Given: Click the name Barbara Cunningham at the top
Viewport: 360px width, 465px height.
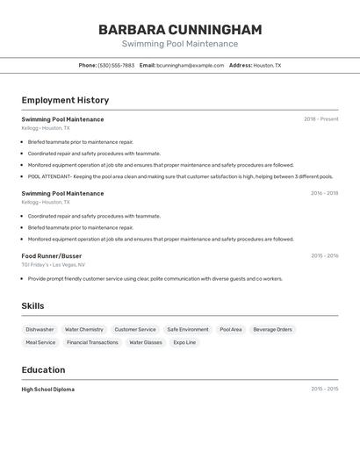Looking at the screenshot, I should click(180, 30).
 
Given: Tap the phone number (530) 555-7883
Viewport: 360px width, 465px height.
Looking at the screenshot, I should click(116, 65).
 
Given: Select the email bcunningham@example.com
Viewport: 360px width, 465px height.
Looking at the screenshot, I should click(191, 65).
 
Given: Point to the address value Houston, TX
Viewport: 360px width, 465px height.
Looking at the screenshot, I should click(267, 65).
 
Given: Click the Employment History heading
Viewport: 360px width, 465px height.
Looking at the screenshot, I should click(65, 100).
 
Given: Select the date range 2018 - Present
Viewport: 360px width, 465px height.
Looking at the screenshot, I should click(320, 119).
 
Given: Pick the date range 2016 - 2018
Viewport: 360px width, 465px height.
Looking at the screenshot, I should click(324, 193).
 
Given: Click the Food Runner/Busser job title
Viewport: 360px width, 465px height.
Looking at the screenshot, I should click(51, 256).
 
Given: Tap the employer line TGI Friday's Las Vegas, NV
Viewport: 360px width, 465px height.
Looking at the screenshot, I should click(53, 265).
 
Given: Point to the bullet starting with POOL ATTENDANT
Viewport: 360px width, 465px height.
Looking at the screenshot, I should click(180, 176).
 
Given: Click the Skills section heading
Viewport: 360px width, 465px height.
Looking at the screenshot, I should click(32, 306).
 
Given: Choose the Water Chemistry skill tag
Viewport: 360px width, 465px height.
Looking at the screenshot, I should click(84, 330).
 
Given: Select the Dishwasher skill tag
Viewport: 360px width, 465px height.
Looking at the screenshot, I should click(40, 330).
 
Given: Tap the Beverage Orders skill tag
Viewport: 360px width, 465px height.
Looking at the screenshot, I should click(272, 330).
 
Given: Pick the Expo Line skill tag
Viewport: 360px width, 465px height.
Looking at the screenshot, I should click(184, 343).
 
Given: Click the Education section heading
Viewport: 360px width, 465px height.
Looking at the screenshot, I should click(43, 370).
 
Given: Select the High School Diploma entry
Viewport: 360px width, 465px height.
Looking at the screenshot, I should click(48, 390).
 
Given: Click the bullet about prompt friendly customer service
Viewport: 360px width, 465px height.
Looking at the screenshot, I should click(155, 279).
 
